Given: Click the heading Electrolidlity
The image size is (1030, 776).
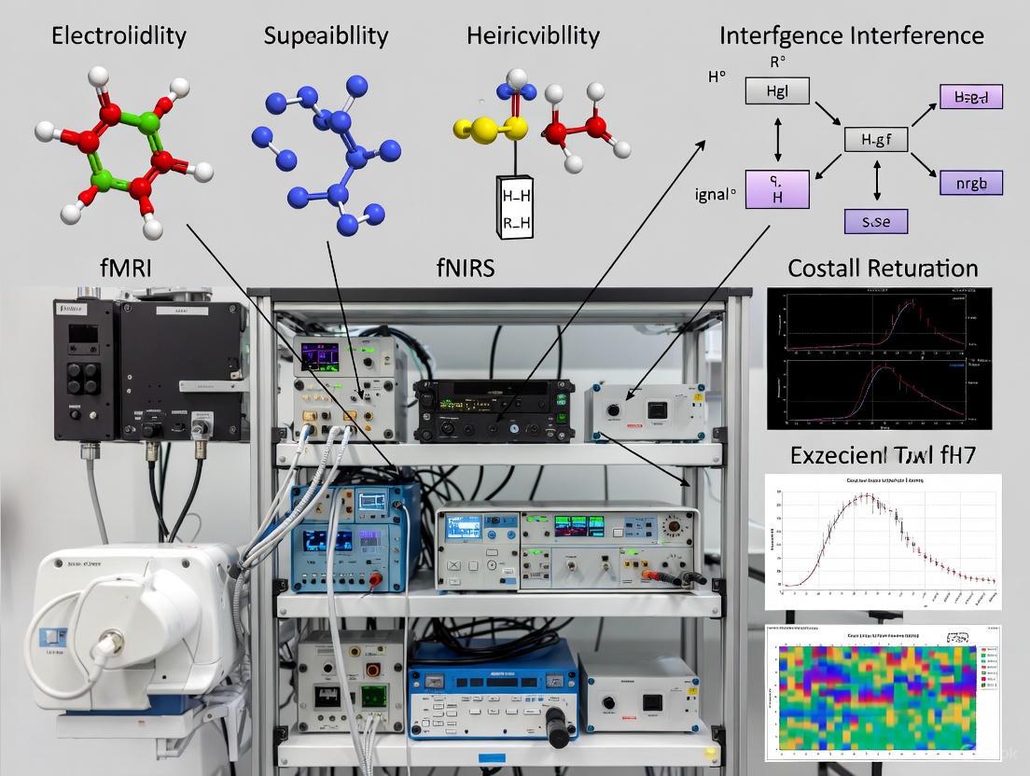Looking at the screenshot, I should click(118, 36).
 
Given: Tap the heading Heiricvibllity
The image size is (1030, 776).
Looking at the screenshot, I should click(533, 36).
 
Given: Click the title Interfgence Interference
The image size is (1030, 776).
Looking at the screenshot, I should click(851, 36).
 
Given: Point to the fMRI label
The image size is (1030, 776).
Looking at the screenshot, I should click(125, 269).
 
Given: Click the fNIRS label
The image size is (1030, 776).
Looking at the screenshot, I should click(465, 269).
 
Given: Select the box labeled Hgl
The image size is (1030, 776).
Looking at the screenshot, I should click(776, 90).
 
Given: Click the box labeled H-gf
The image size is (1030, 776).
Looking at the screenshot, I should click(875, 141).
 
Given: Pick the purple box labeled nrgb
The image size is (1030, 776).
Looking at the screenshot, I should click(970, 182).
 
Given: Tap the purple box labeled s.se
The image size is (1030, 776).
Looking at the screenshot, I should click(875, 221).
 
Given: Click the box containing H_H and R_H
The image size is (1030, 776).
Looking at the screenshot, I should click(515, 206).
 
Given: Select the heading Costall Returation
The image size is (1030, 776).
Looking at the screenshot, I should click(883, 269).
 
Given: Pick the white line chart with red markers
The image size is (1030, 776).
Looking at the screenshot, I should click(882, 542).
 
